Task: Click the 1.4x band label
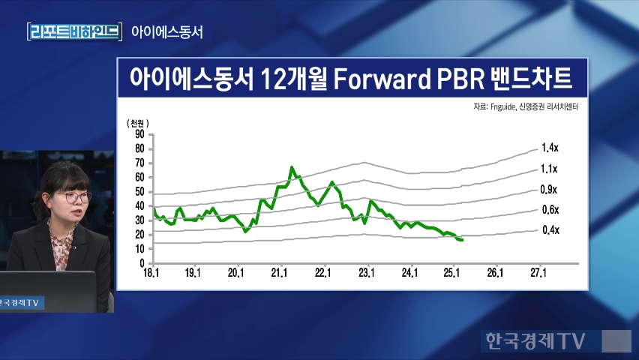550,148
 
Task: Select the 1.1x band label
550,169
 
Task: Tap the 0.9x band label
550,190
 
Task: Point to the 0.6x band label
550,210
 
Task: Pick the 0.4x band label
550,229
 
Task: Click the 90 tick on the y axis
139,134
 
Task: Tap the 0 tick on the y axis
142,264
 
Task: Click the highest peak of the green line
292,167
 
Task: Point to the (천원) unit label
138,123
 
